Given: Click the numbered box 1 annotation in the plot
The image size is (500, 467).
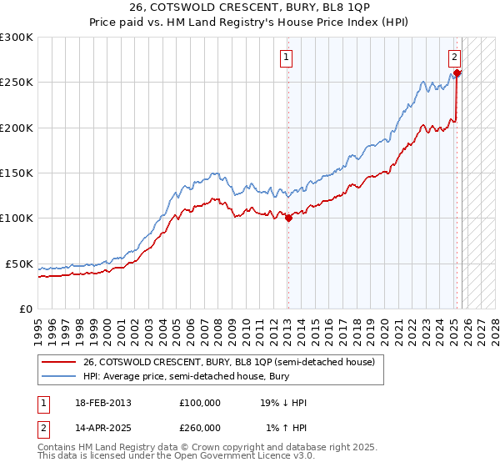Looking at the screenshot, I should tap(286, 58).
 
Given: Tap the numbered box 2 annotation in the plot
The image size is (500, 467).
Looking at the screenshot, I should tap(454, 58).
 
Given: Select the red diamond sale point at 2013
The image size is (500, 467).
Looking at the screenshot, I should tap(289, 218).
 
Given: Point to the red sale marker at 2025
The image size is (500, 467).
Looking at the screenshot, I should tap(457, 73).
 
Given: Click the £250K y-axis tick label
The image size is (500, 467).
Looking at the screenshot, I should tap(17, 83).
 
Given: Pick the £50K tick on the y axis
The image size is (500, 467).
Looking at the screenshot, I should tap(18, 264).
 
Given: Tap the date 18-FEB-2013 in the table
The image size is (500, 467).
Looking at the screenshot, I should tap(102, 403).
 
